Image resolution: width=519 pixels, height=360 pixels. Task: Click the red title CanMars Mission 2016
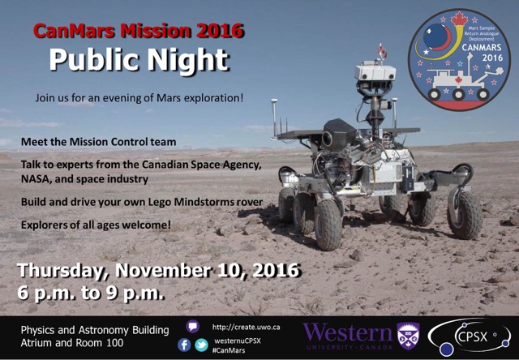tap(139, 31)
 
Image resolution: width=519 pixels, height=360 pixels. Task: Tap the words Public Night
tap(139, 60)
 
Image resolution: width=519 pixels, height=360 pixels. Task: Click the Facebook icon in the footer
tap(184, 345)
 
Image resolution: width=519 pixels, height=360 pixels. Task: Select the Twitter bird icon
tap(201, 345)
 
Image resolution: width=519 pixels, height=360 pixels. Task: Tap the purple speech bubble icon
tap(193, 326)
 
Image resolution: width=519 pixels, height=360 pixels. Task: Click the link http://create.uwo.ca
tap(246, 328)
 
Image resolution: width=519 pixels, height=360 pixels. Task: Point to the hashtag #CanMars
tap(229, 350)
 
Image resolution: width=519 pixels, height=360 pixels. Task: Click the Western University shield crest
tap(408, 336)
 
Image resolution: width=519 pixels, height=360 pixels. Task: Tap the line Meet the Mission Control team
tap(99, 142)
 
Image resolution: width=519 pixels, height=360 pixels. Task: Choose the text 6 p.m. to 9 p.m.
tap(91, 293)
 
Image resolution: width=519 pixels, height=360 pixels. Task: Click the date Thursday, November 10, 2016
tap(159, 270)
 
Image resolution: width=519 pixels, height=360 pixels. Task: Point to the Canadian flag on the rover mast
tap(383, 51)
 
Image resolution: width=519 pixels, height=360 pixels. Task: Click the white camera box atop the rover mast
tap(375, 72)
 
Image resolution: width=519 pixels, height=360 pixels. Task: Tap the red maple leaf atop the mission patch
tap(459, 19)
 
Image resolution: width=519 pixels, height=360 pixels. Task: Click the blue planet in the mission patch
tap(436, 37)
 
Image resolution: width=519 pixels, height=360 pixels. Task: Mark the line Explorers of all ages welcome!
tap(96, 225)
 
